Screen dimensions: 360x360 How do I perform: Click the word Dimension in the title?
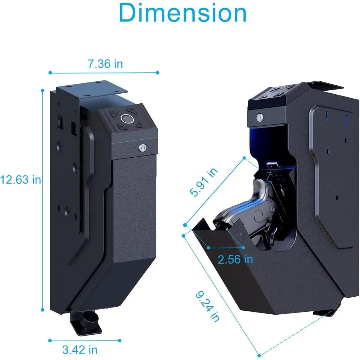183,13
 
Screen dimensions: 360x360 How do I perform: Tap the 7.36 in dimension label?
105,64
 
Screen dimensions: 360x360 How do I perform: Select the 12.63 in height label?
21,179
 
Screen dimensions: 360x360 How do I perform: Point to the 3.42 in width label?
80,349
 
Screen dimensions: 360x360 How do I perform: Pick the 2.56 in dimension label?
235,259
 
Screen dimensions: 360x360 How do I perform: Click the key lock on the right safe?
258,117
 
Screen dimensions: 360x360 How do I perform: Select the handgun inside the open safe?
245,212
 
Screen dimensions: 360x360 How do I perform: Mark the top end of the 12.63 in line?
42,90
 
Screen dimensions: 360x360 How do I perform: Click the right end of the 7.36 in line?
157,73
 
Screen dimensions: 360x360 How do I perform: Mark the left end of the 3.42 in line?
50,340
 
